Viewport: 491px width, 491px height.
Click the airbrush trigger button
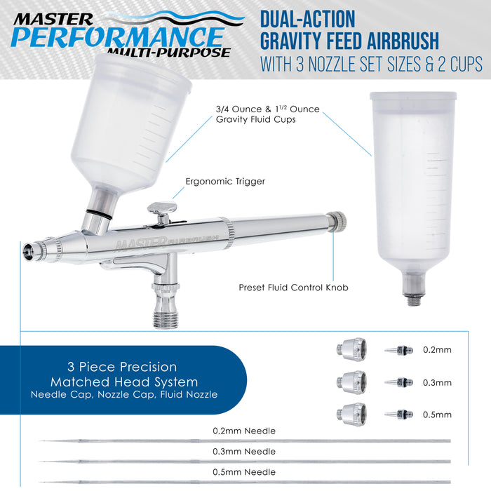pos(162,208)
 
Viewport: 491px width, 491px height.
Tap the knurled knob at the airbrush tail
pos(337,221)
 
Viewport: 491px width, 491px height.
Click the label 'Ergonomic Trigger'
pos(225,182)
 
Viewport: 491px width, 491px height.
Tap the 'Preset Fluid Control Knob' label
pos(293,288)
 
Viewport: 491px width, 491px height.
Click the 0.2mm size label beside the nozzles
pos(437,350)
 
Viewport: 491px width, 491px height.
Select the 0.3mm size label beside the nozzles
pos(437,383)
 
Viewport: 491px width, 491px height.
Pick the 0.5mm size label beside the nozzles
pos(437,415)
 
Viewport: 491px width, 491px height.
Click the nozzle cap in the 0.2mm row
pos(351,349)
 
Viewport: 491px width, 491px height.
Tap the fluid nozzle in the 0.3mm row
pos(398,382)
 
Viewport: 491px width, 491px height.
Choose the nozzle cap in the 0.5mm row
pos(351,414)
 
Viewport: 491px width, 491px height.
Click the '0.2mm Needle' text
pos(244,431)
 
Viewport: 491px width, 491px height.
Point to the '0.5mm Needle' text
pos(244,472)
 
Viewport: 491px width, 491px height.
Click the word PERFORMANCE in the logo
pos(118,37)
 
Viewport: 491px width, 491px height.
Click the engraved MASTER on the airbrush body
pos(140,243)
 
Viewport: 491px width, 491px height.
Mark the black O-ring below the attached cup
pos(99,215)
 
